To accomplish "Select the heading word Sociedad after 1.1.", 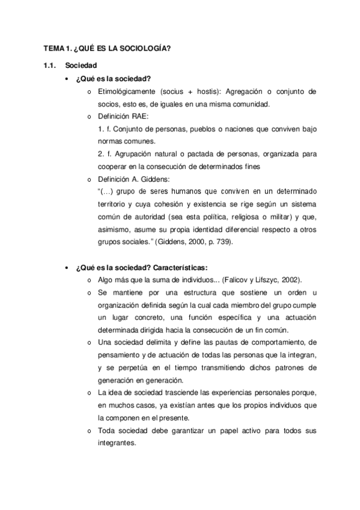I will coord(79,64).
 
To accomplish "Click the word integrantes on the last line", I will coord(115,443).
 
